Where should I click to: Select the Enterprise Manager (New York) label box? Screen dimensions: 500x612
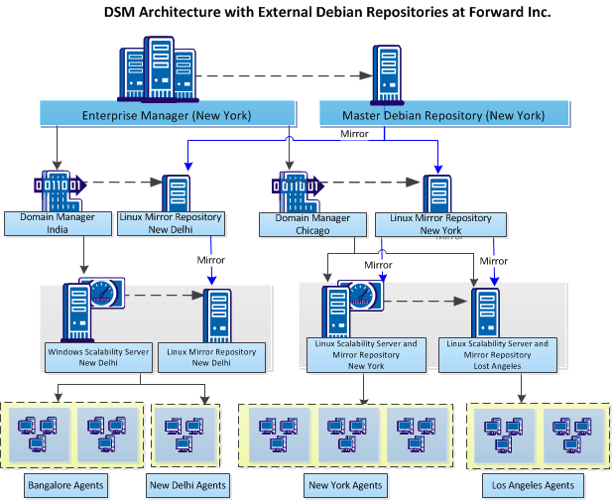point(166,114)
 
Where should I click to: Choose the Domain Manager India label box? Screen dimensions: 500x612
point(57,223)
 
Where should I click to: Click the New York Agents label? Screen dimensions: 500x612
point(344,485)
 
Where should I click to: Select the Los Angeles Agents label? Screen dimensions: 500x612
point(533,485)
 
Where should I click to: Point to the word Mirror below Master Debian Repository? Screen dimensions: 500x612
point(355,133)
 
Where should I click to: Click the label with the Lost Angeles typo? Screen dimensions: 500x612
point(497,354)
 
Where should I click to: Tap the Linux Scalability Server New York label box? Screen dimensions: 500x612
point(365,354)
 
